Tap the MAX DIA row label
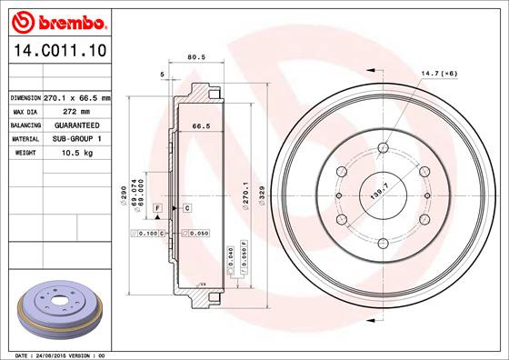25,111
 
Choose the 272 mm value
77,111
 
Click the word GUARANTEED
77,125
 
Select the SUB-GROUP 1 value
77,138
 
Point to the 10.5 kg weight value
77,153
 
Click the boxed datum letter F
158,209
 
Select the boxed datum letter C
186,209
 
